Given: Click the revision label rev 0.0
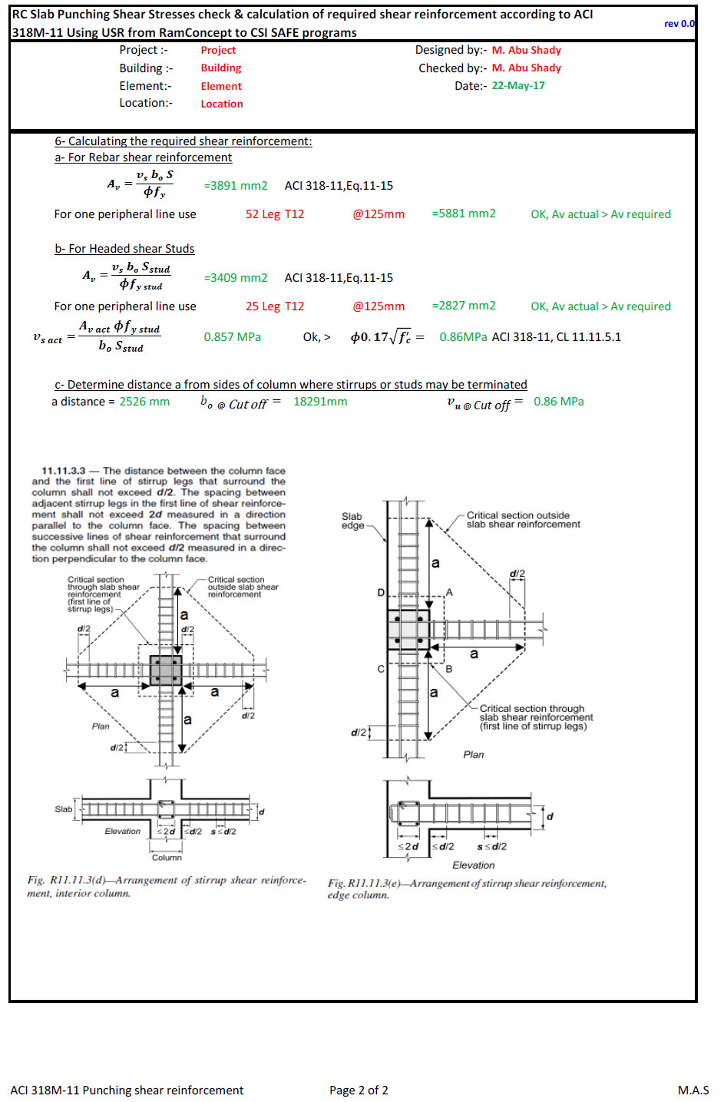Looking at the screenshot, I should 679,24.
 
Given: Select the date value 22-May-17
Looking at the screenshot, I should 518,85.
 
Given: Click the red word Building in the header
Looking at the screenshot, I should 221,68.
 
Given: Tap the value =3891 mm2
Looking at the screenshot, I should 236,186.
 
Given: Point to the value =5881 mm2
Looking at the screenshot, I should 464,213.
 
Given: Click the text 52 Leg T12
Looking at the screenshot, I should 275,214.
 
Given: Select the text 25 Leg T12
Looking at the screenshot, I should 275,306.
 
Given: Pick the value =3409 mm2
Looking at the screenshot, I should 236,278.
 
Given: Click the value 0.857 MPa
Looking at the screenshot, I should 232,337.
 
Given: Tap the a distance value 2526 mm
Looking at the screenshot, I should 144,402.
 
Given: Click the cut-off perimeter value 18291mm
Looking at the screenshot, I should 320,402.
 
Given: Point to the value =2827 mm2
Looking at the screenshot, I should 464,306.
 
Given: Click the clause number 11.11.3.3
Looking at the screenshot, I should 63,471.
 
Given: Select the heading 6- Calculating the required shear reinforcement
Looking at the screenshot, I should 183,141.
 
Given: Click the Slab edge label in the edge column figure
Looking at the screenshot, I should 352,521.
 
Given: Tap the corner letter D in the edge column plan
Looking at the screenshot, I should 380,593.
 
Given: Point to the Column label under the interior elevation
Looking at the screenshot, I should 167,857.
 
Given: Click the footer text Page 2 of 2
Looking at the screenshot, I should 359,1090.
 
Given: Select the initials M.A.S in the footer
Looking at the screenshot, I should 693,1090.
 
